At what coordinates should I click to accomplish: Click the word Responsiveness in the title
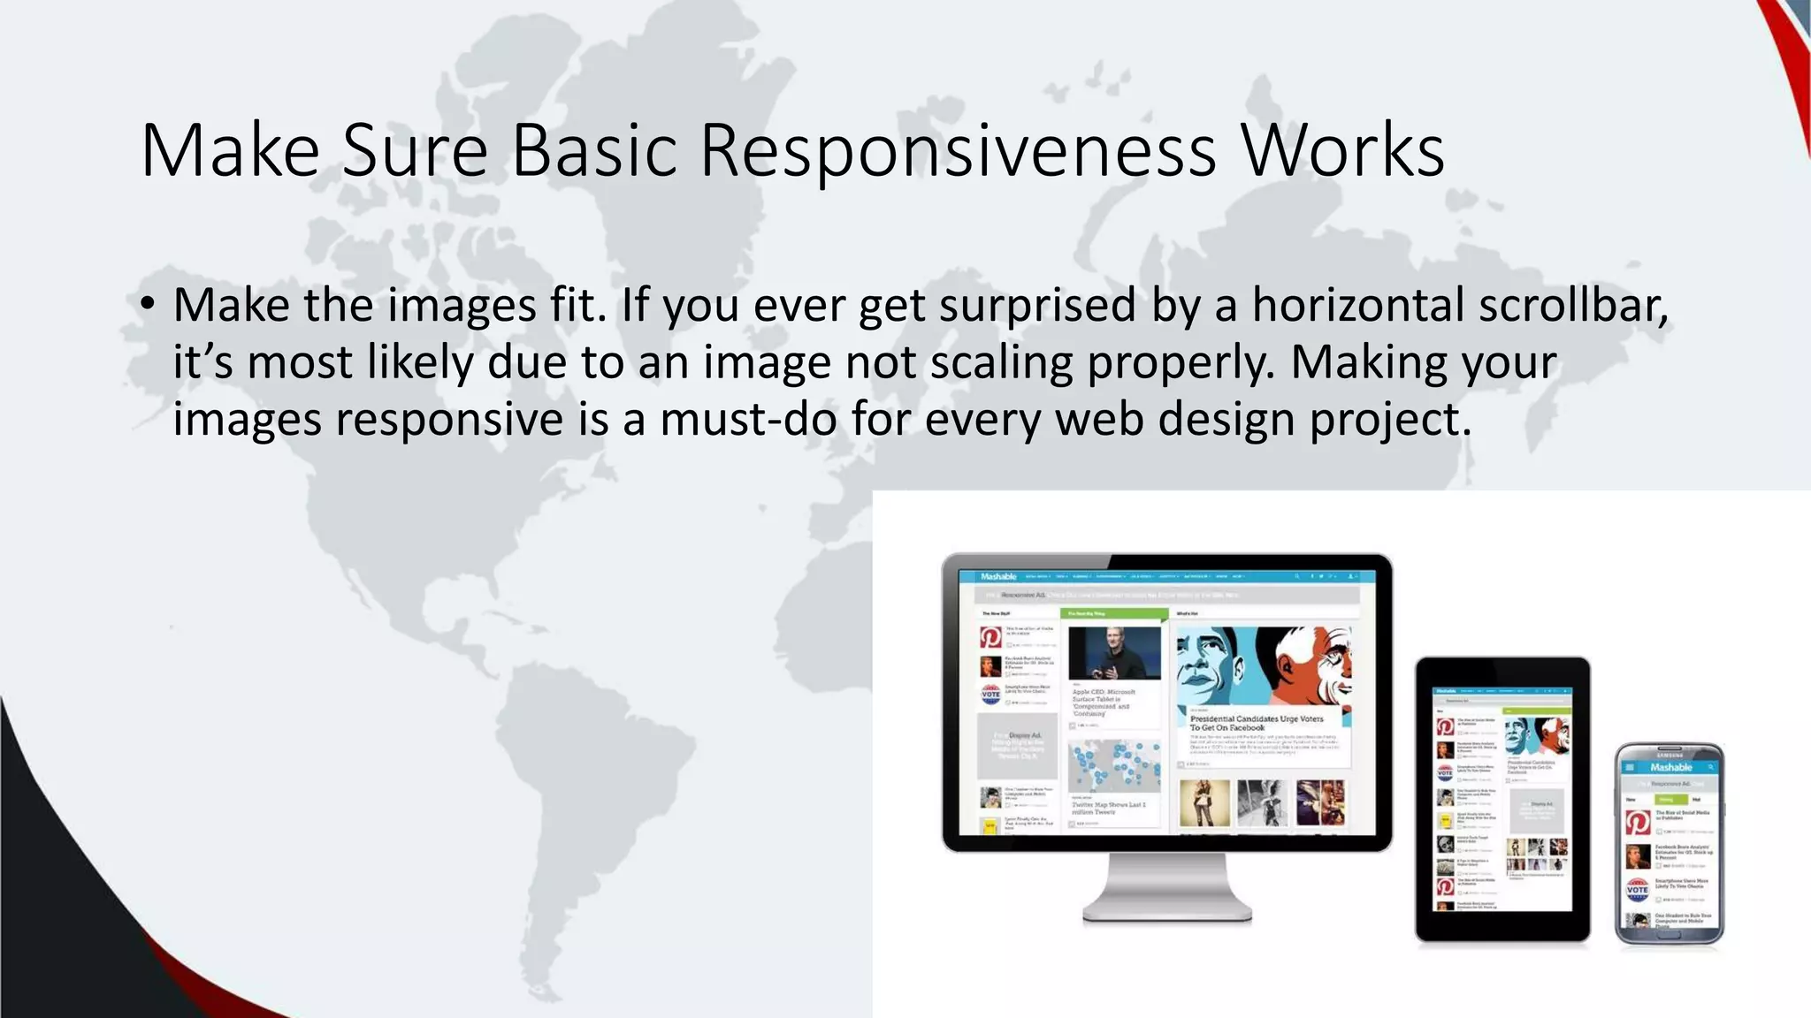click(958, 151)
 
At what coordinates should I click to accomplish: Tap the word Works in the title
click(1342, 151)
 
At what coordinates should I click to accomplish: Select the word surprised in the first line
click(1036, 306)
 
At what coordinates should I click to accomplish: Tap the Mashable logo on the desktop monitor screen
click(998, 577)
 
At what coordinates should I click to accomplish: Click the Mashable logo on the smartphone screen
click(1670, 767)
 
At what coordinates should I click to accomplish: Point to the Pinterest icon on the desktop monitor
click(990, 637)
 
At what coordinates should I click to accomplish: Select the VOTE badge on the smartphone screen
click(1637, 888)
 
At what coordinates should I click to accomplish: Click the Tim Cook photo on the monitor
click(1114, 653)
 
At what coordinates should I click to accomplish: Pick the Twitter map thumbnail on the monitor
click(1114, 766)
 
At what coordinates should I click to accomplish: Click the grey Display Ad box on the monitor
click(1017, 747)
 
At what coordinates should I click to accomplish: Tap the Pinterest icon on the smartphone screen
click(1637, 822)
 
